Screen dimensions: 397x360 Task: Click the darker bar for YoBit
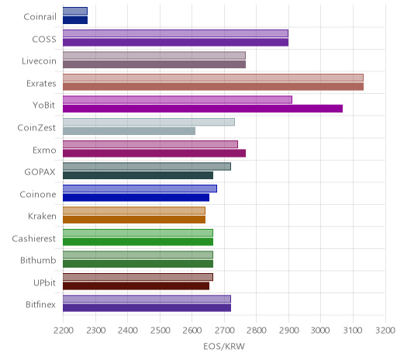coord(202,109)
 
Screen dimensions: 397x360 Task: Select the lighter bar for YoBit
coord(178,100)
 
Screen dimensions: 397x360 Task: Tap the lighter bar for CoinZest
coord(149,122)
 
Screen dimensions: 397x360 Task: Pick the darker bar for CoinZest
coord(129,131)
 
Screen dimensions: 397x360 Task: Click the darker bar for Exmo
coord(154,154)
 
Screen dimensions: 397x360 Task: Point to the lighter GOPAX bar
coord(147,167)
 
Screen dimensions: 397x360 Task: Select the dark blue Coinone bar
coord(136,198)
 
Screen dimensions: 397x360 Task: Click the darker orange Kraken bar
coord(134,220)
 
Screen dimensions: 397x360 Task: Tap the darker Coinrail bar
coord(75,20)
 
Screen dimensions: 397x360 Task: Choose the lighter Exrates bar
coord(213,78)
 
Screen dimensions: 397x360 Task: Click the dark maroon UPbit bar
coord(136,286)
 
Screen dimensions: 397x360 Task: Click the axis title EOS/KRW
coord(224,347)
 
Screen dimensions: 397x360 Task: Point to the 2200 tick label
coord(64,331)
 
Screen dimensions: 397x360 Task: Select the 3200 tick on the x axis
coord(385,331)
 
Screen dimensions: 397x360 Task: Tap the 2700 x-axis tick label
coord(224,331)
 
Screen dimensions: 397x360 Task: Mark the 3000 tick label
coord(320,331)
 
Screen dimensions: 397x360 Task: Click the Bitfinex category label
coord(40,305)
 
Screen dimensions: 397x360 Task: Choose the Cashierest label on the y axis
coord(34,238)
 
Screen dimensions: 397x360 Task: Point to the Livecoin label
coord(39,61)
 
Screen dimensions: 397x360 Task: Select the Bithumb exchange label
coord(38,260)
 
